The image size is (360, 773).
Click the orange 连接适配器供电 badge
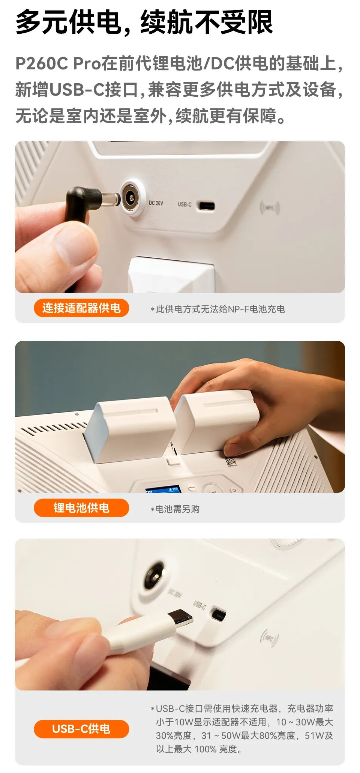[81, 308]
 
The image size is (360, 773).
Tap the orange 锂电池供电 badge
[81, 508]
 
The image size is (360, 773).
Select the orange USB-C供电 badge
[81, 729]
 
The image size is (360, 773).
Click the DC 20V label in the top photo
[156, 203]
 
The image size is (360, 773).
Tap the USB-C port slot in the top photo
[207, 206]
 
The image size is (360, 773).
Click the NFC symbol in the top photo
[270, 207]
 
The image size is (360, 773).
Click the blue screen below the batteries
[163, 489]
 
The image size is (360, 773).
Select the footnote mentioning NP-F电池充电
[218, 309]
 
